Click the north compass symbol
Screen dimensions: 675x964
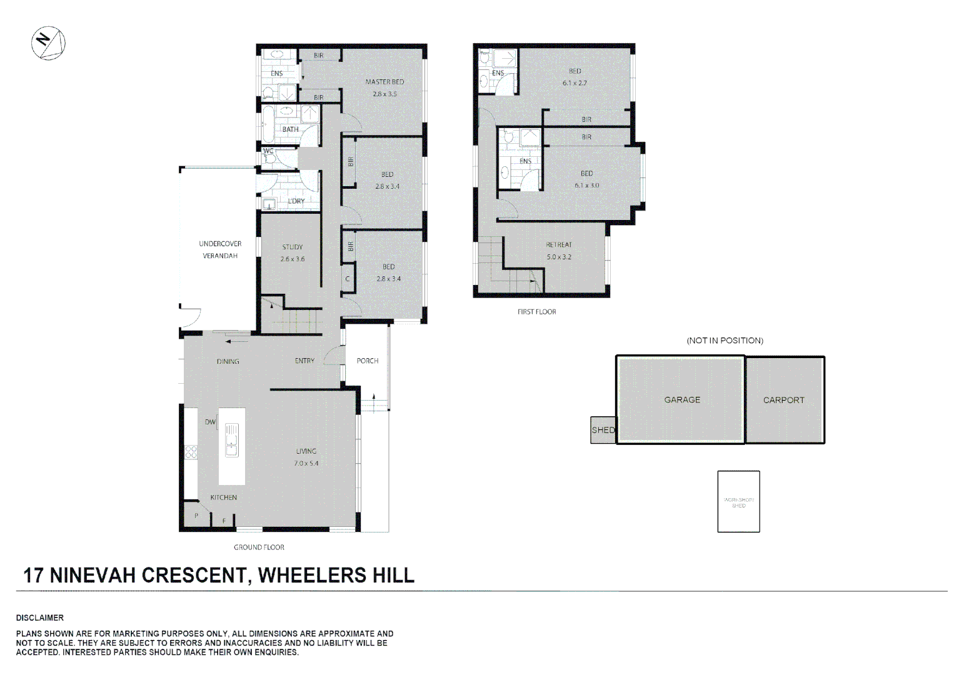coord(48,43)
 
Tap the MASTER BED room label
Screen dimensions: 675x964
coord(384,82)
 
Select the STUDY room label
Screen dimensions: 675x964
coord(292,247)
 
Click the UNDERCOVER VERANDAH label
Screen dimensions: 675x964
coord(220,249)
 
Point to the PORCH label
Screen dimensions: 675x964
coord(368,361)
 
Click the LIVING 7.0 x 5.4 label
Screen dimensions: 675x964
coord(306,457)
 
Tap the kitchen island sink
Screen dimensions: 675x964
coord(231,440)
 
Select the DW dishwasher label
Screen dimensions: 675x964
coord(210,422)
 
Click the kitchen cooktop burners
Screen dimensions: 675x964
coord(191,452)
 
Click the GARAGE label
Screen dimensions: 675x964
coord(682,400)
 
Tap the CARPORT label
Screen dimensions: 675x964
coord(783,400)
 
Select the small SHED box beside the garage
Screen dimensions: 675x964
coord(603,430)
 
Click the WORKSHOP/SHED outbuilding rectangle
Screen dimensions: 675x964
coord(738,502)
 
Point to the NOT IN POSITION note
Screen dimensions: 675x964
coord(725,341)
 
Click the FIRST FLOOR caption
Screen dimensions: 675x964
coord(536,312)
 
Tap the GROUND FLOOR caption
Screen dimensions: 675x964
coord(259,547)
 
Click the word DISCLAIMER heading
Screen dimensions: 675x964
coord(40,617)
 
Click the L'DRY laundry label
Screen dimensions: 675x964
coord(296,201)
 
